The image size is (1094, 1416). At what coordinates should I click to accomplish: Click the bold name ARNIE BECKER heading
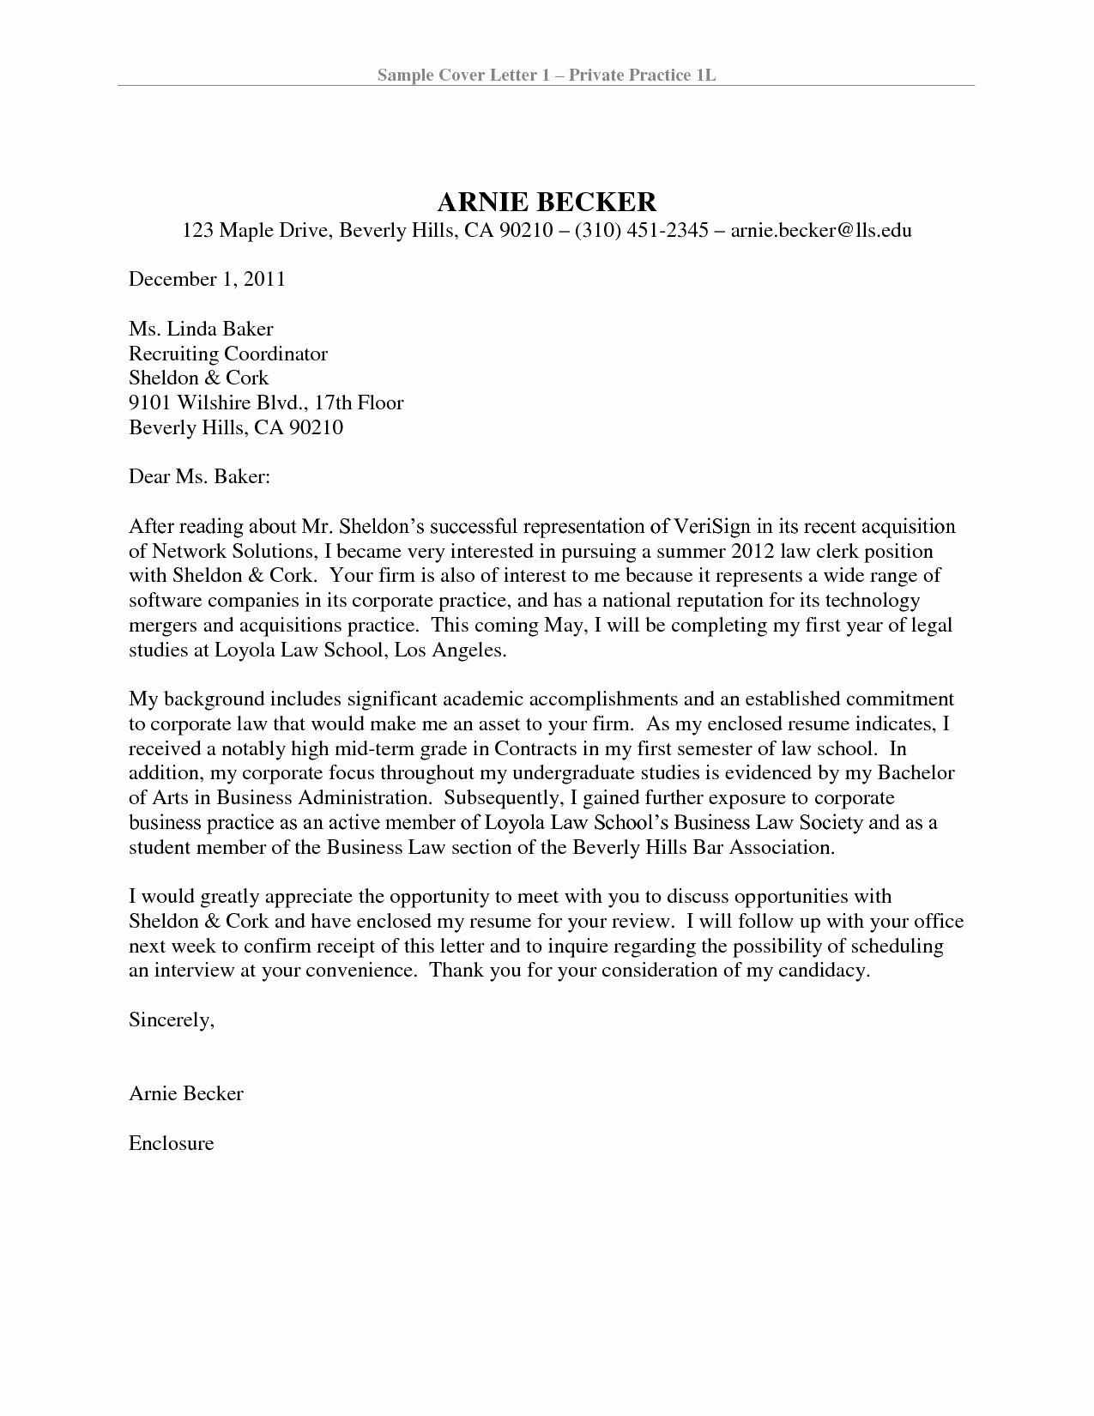[x=547, y=202]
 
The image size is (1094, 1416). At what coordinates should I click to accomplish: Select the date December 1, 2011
[x=207, y=279]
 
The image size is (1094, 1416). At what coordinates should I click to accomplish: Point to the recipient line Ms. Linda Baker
[x=201, y=328]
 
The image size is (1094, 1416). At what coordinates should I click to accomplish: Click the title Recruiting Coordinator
[x=228, y=353]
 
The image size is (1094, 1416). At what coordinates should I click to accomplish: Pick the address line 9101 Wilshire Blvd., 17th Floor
[x=266, y=402]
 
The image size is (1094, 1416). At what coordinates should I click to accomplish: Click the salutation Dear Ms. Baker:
[x=200, y=476]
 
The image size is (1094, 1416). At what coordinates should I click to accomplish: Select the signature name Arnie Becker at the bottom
[x=186, y=1093]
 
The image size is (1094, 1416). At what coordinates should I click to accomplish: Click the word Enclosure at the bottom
[x=171, y=1143]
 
